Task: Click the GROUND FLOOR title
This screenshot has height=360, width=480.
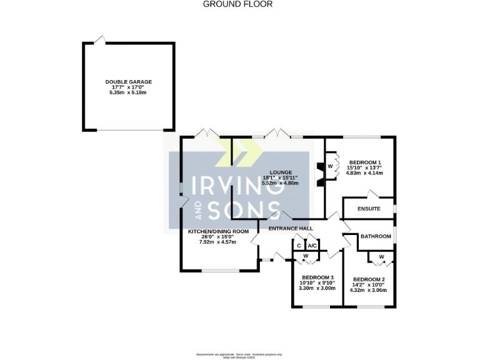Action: (x=238, y=4)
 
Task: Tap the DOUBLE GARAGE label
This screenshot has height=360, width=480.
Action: (x=128, y=82)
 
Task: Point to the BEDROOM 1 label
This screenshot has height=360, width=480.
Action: (x=364, y=162)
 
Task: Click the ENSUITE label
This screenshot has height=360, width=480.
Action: (x=368, y=209)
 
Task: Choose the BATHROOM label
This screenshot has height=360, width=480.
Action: (x=376, y=236)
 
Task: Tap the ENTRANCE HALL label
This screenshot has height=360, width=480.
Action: (x=291, y=229)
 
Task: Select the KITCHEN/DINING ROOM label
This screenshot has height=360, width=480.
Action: (x=219, y=231)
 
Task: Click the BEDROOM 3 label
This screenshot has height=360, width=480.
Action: (x=317, y=277)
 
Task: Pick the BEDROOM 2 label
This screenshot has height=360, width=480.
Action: (x=369, y=279)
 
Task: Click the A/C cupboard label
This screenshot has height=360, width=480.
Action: (x=313, y=246)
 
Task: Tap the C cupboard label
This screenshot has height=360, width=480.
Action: (x=299, y=246)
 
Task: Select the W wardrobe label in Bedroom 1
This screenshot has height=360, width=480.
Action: (x=330, y=166)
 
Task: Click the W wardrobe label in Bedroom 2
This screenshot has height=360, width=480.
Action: (x=381, y=257)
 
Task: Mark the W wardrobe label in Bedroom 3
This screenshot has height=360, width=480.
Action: (x=306, y=257)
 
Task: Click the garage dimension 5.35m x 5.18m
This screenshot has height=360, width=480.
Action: (x=128, y=93)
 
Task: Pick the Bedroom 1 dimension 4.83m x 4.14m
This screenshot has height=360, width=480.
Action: (x=364, y=173)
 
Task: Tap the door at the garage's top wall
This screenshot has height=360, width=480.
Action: (x=99, y=40)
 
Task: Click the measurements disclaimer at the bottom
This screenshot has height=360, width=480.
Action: (x=239, y=355)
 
